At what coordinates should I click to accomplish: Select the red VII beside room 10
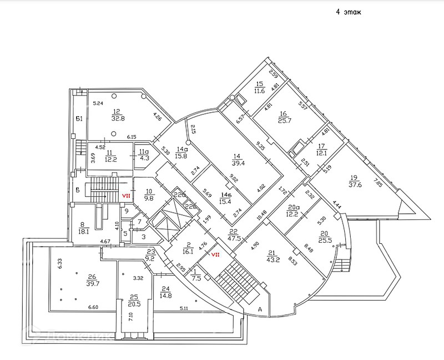(x=126, y=196)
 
